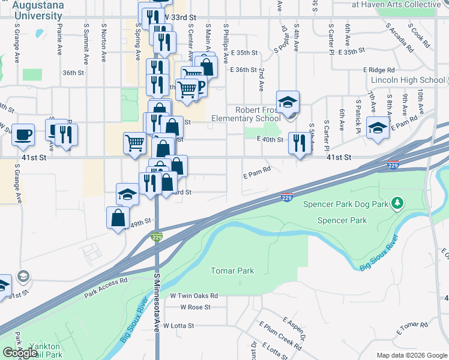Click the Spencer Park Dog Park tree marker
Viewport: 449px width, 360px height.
coord(396,204)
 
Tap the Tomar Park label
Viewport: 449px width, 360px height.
coord(232,271)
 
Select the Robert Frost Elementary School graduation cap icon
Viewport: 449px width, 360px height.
coord(288,101)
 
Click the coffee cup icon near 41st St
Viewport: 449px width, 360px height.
coord(23,135)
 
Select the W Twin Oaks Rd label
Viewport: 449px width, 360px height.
coord(193,296)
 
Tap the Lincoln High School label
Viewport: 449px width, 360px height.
coord(408,80)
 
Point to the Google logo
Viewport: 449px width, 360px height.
coord(20,353)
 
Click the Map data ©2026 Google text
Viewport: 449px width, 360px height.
coord(411,355)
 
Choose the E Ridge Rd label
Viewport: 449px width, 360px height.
coord(383,70)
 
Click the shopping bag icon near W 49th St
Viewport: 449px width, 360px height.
coord(118,217)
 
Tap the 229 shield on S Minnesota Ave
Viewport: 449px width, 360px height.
coord(157,237)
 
